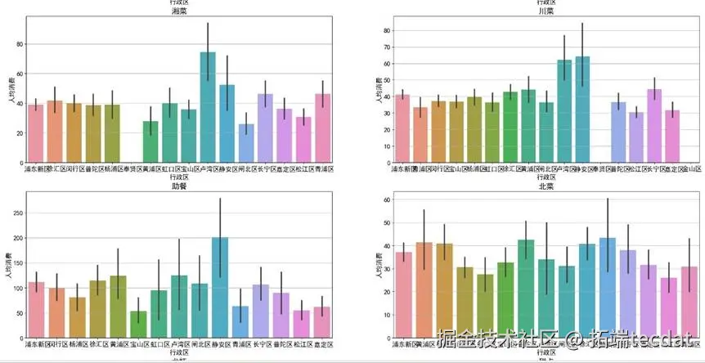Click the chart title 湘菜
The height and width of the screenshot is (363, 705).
(x=178, y=11)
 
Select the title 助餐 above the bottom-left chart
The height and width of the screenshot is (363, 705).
(x=178, y=185)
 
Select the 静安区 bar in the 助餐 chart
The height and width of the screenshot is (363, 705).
(x=219, y=287)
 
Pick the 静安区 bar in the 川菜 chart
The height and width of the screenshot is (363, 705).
(x=582, y=110)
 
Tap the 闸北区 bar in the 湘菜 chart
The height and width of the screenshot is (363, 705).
(x=246, y=143)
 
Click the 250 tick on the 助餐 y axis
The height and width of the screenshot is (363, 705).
(x=17, y=212)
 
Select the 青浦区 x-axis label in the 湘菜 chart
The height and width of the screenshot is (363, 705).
(x=322, y=168)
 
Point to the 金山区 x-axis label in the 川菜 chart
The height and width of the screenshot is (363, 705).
(x=694, y=168)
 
